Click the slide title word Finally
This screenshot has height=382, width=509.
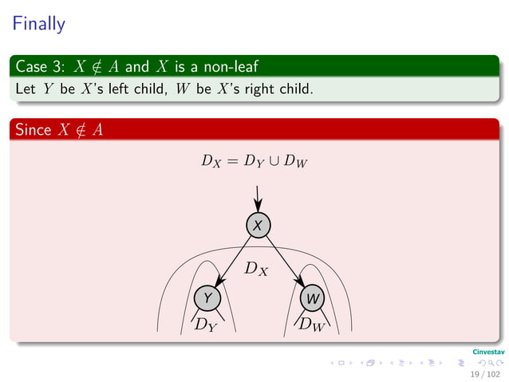coord(37,24)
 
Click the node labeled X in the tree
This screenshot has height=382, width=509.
coord(257,226)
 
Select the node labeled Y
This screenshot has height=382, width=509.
coord(208,297)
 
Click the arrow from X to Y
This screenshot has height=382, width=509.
coord(233,261)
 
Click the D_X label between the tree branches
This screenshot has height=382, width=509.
coord(256,269)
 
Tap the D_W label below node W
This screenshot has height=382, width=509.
coord(311,324)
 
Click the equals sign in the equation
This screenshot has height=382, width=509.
coord(231,162)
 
